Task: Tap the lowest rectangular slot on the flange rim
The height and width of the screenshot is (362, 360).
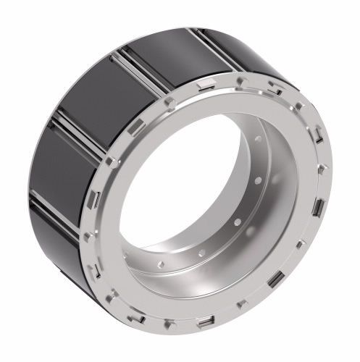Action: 206,321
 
